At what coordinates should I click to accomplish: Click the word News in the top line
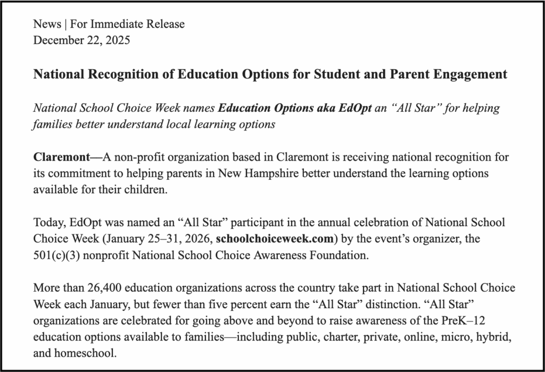pos(45,24)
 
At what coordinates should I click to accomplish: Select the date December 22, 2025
pos(81,40)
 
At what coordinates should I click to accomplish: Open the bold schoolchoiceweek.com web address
pos(275,238)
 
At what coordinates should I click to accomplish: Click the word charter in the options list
pos(302,337)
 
